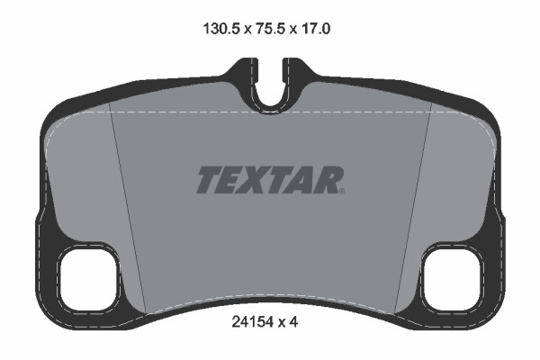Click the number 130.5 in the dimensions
[x=221, y=29]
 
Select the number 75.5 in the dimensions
[x=270, y=29]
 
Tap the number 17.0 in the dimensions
[x=316, y=29]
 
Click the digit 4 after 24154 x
[x=293, y=322]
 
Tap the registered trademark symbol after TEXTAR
[x=342, y=191]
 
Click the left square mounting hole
[x=88, y=279]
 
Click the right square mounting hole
[x=452, y=279]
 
